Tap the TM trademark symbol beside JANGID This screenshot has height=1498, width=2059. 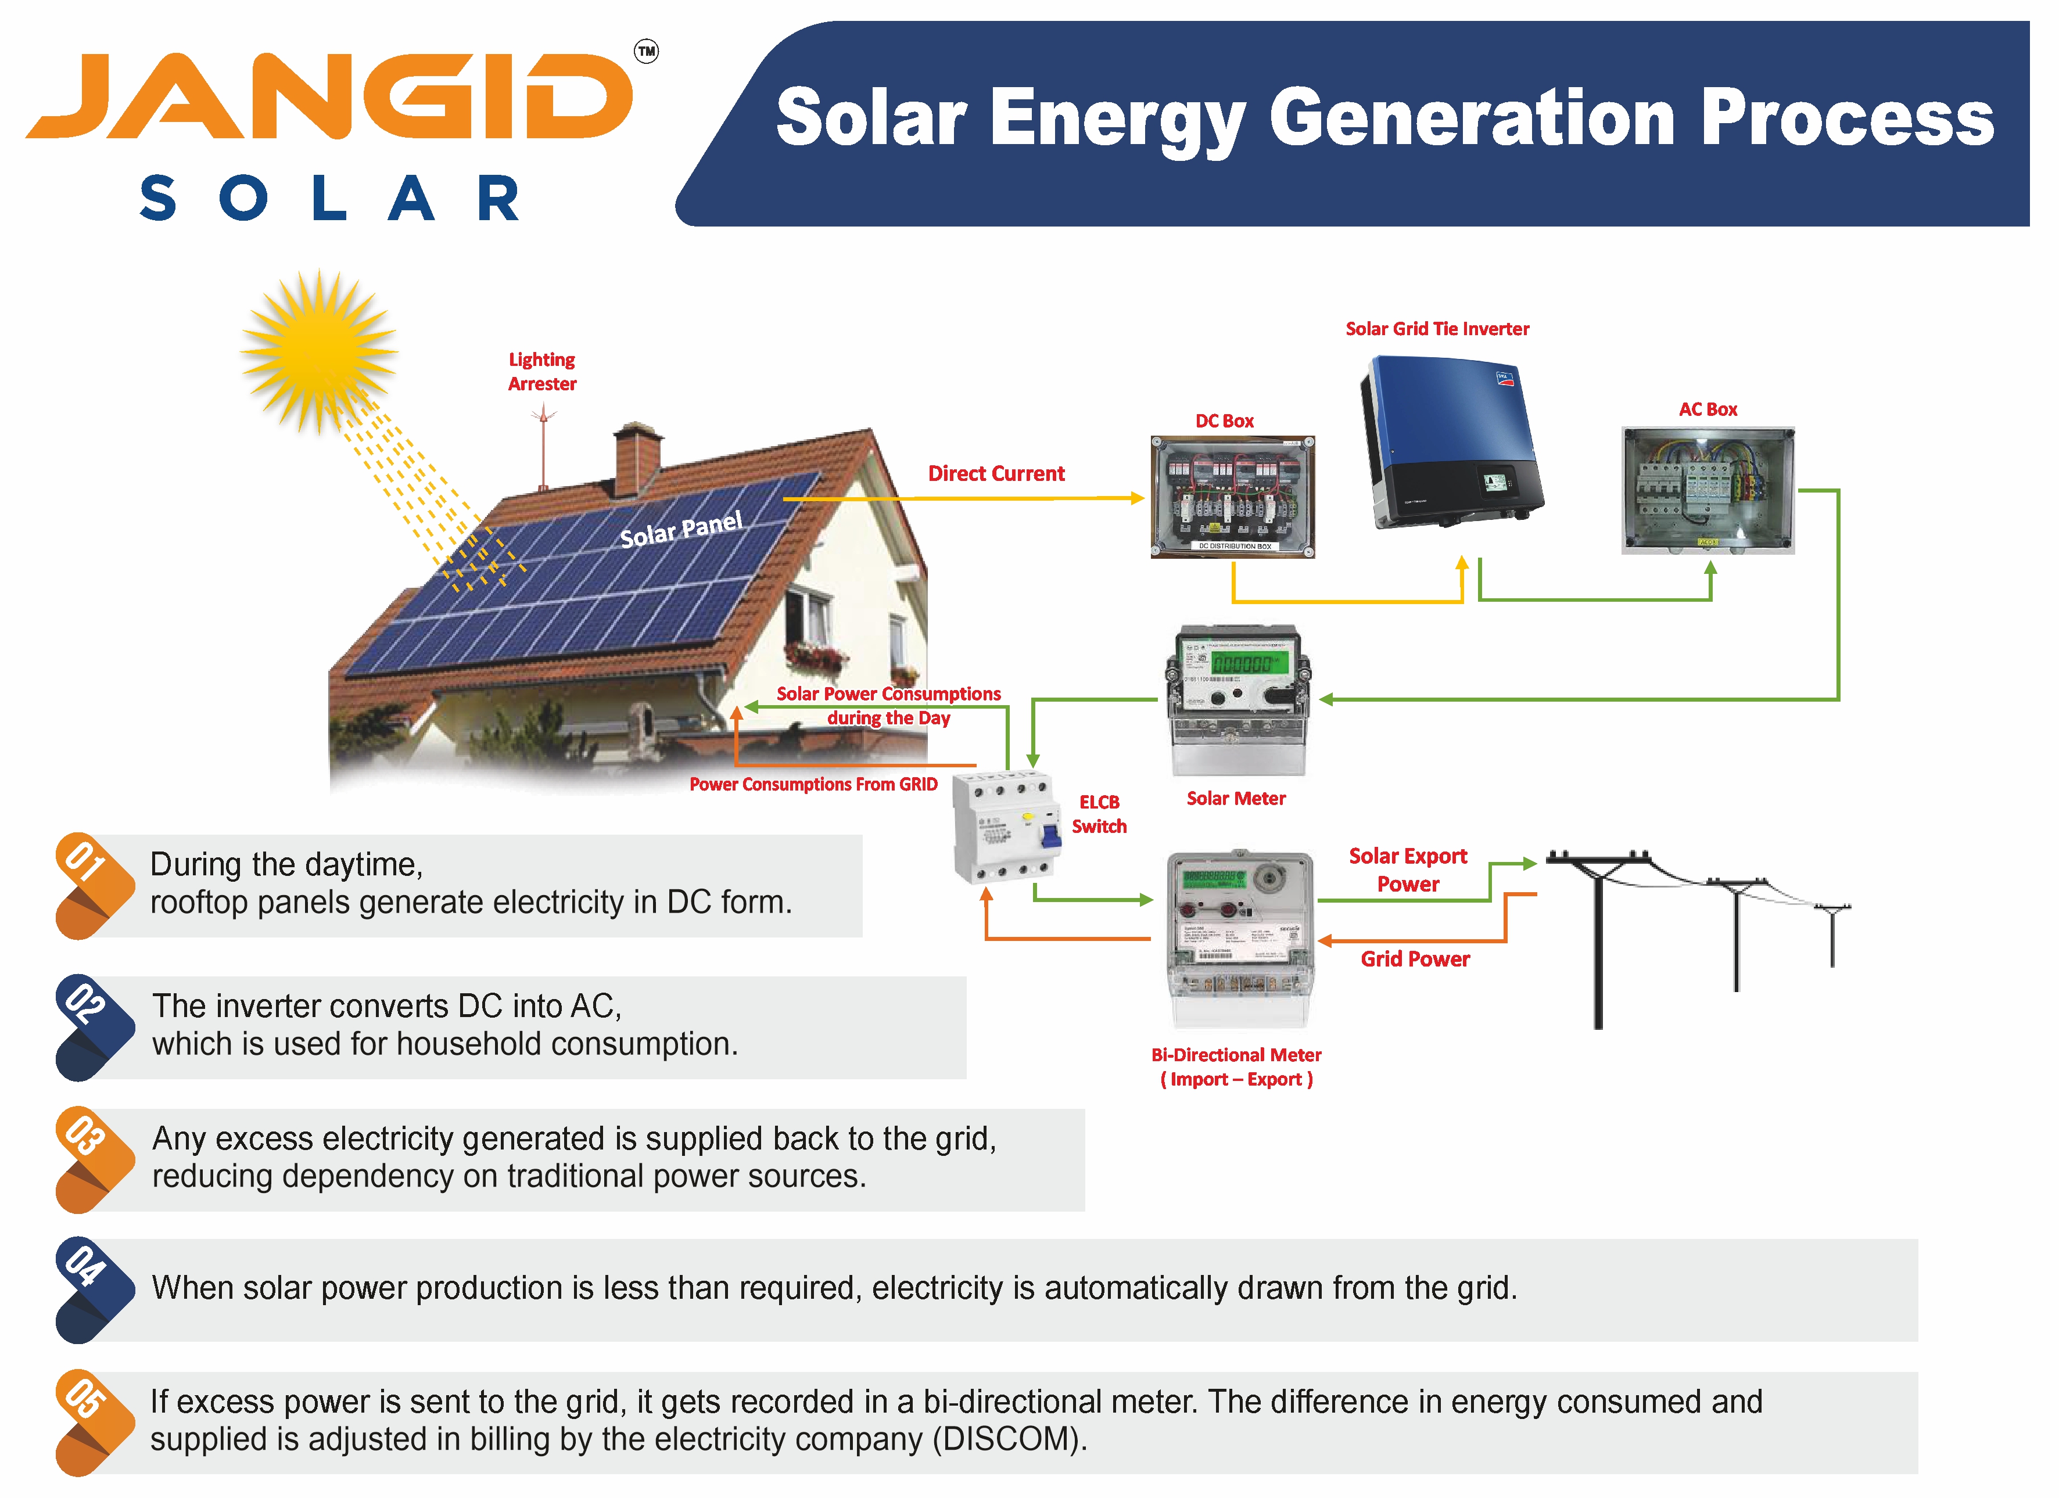pyautogui.click(x=647, y=52)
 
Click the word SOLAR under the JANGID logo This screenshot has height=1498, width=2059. pyautogui.click(x=329, y=199)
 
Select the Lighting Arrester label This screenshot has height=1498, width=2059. pyautogui.click(x=542, y=371)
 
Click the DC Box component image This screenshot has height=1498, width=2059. pyautogui.click(x=1232, y=497)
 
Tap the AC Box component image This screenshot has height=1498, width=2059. pyautogui.click(x=1708, y=490)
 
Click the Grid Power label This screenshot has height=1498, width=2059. pyautogui.click(x=1415, y=959)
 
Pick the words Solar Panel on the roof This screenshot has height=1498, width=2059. pyautogui.click(x=681, y=529)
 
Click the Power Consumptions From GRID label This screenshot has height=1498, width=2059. pyautogui.click(x=813, y=784)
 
